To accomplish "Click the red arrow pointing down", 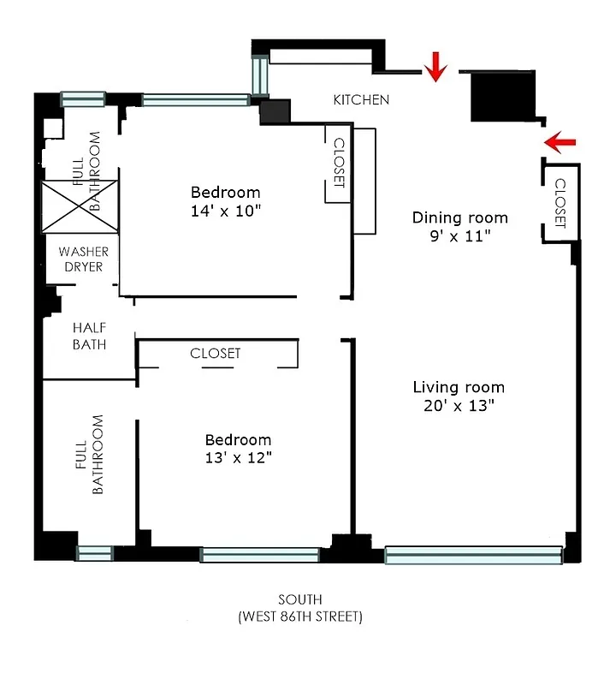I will pyautogui.click(x=437, y=66).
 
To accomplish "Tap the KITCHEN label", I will pyautogui.click(x=361, y=100).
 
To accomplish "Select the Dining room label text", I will pyautogui.click(x=459, y=217).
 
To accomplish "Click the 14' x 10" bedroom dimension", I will pyautogui.click(x=225, y=210).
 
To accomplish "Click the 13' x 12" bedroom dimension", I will pyautogui.click(x=238, y=458).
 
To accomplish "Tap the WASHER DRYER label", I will pyautogui.click(x=83, y=259).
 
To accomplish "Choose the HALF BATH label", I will pyautogui.click(x=89, y=336).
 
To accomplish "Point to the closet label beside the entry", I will pyautogui.click(x=560, y=203).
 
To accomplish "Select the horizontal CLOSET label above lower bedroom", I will pyautogui.click(x=215, y=354).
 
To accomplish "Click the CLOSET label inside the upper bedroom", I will pyautogui.click(x=338, y=163).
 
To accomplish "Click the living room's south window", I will pyautogui.click(x=473, y=556).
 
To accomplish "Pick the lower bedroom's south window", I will pyautogui.click(x=260, y=556).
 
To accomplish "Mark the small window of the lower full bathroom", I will pyautogui.click(x=94, y=553).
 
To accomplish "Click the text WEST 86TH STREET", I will pyautogui.click(x=300, y=616).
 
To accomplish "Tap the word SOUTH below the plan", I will pyautogui.click(x=300, y=599).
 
